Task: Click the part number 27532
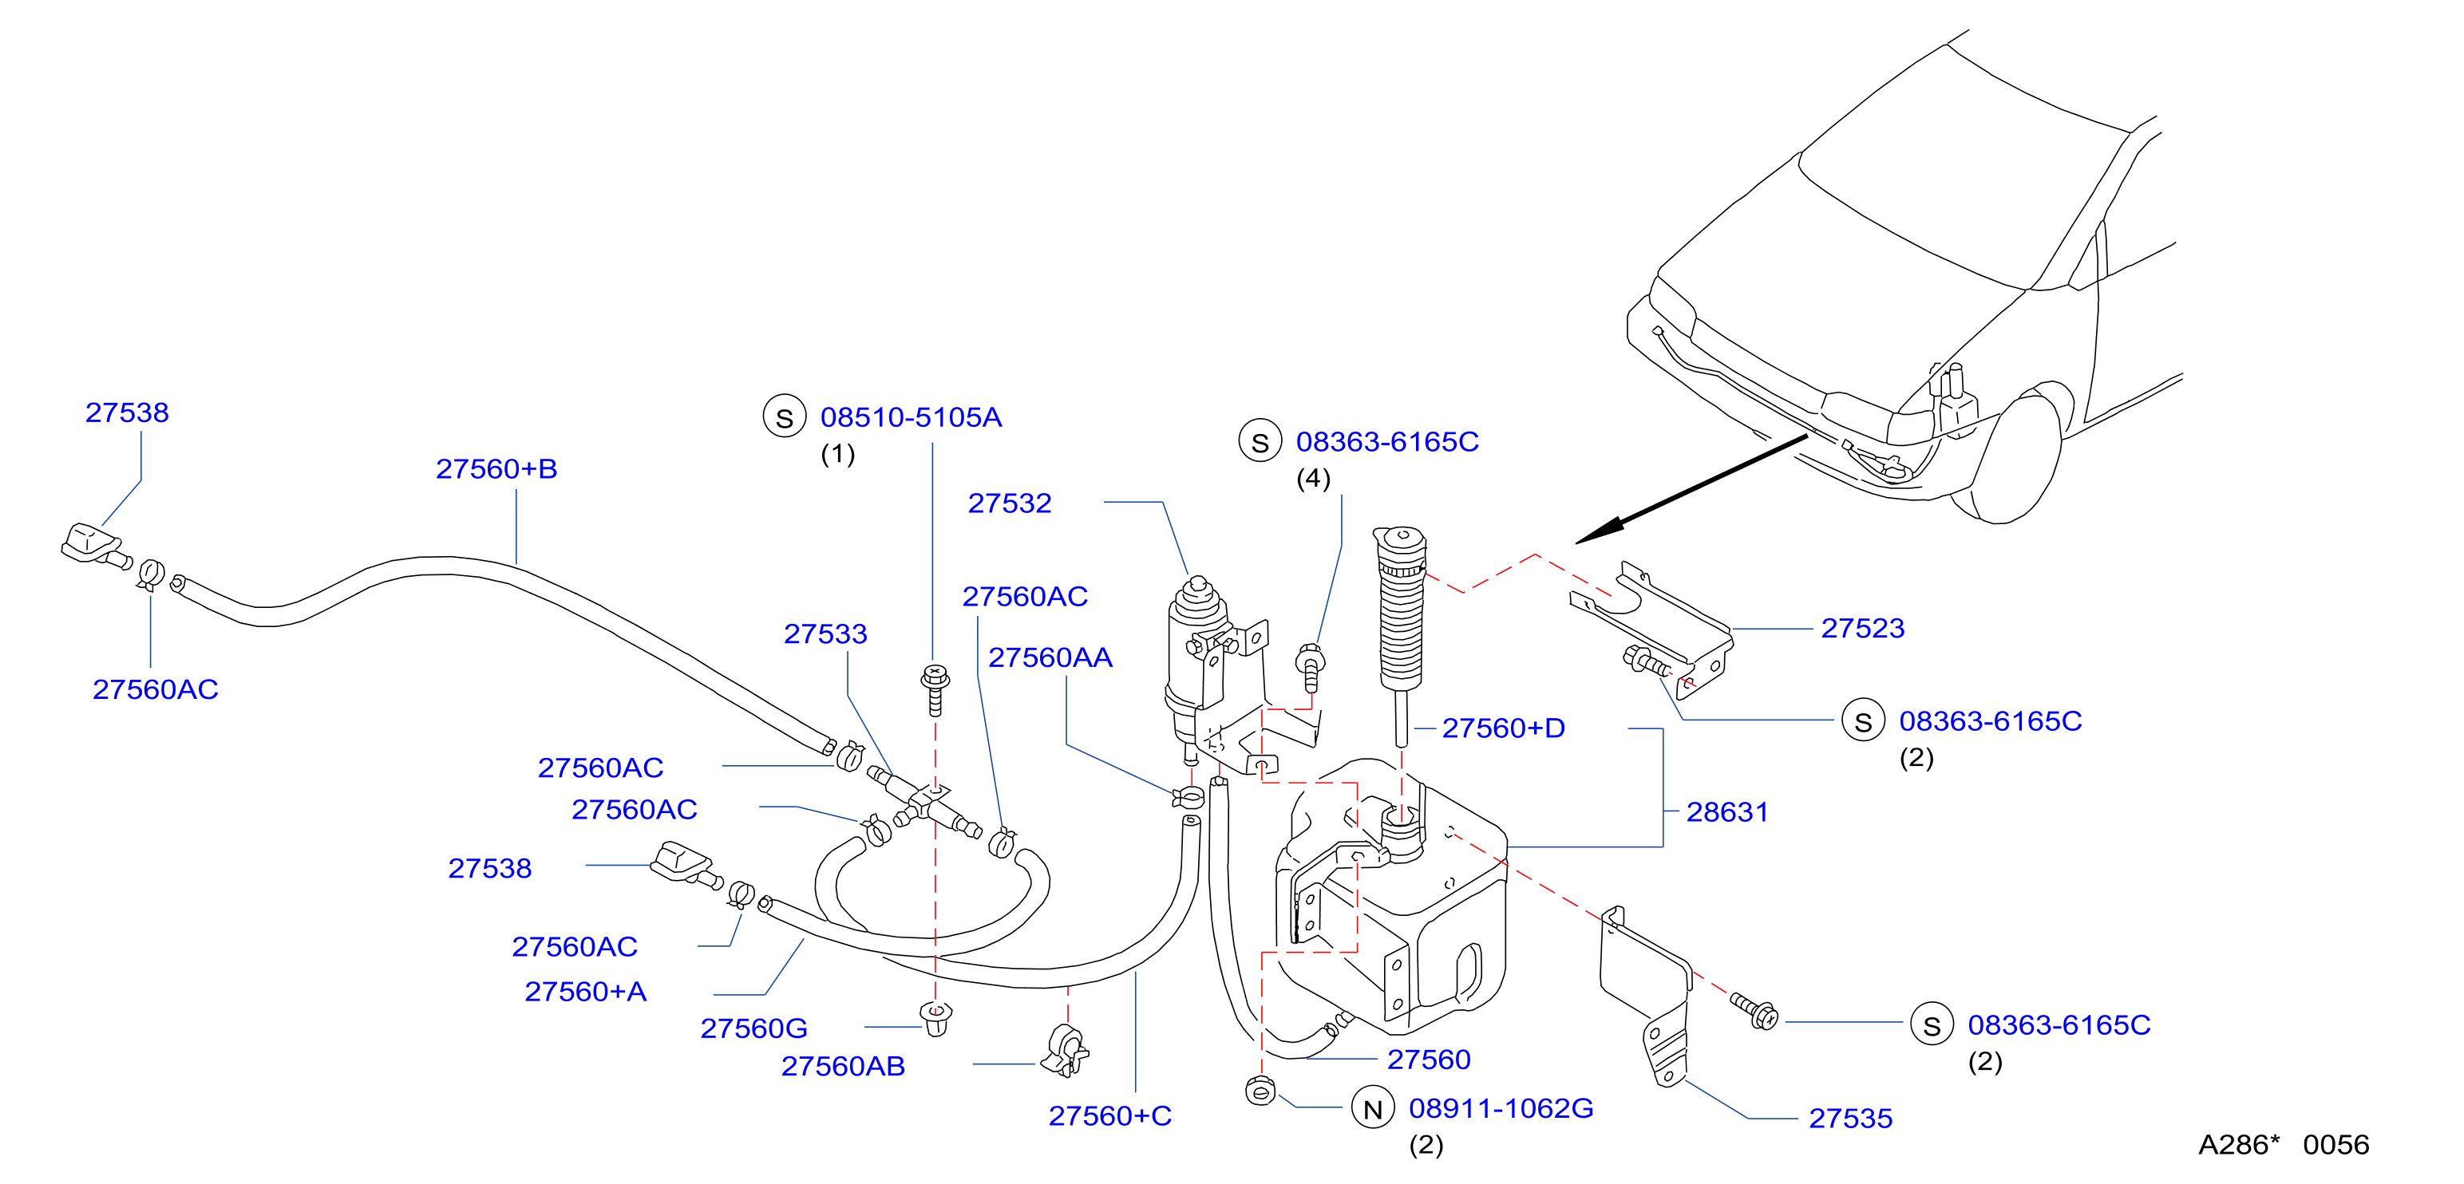click(1009, 503)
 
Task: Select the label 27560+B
click(496, 468)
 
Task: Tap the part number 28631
click(1726, 812)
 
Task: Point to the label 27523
click(1862, 629)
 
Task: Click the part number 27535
click(1850, 1118)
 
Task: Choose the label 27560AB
click(843, 1067)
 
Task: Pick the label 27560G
click(753, 1028)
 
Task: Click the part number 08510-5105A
click(911, 417)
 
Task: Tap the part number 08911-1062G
click(1501, 1108)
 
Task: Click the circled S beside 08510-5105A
click(785, 418)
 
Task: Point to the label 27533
click(825, 633)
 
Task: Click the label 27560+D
click(1504, 728)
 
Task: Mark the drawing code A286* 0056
click(2284, 1145)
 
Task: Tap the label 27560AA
click(1050, 658)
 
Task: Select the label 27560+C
click(1109, 1116)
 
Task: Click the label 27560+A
click(585, 992)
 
